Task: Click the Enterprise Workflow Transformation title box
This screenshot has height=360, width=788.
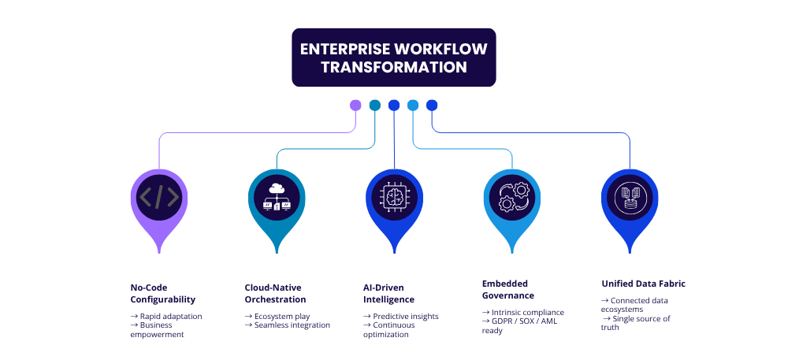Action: coord(393,58)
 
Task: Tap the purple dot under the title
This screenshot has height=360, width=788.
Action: coord(355,106)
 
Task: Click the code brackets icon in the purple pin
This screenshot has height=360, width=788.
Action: coord(159,197)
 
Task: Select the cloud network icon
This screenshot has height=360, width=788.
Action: coord(277,197)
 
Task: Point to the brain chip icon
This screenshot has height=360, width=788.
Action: coord(394,197)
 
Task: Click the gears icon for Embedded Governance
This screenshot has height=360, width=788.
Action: coord(511,197)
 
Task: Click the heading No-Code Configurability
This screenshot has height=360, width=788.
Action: coord(163,293)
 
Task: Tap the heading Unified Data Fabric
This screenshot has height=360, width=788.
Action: coord(639,283)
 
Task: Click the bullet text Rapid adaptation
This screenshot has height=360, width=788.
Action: coord(169,316)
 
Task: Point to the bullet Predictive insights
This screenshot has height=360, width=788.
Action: coord(404,316)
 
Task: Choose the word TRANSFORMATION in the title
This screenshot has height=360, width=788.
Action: coord(393,68)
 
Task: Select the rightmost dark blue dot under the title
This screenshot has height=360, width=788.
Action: coord(432,106)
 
